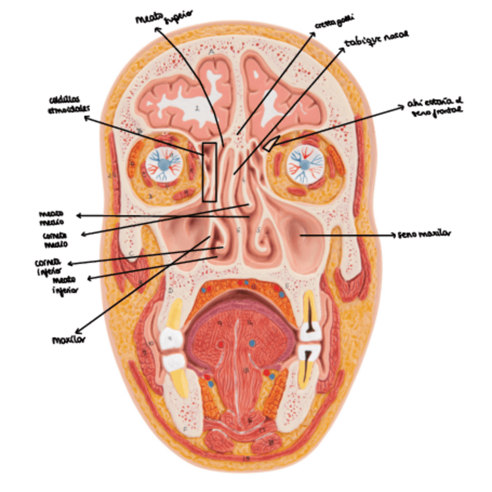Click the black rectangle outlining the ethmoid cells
[x=209, y=172]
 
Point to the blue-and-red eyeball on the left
[x=165, y=162]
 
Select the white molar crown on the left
[x=171, y=338]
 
